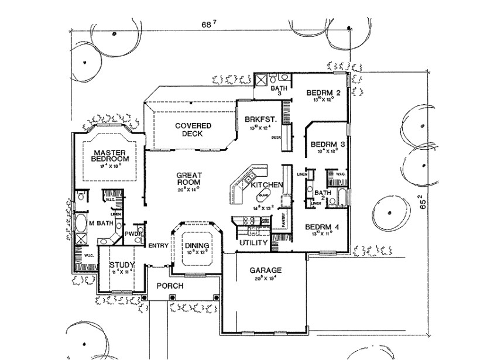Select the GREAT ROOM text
pos(188,178)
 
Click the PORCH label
pos(170,286)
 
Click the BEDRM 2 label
pos(323,92)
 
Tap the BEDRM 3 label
pos(326,144)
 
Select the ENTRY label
pos(158,245)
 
